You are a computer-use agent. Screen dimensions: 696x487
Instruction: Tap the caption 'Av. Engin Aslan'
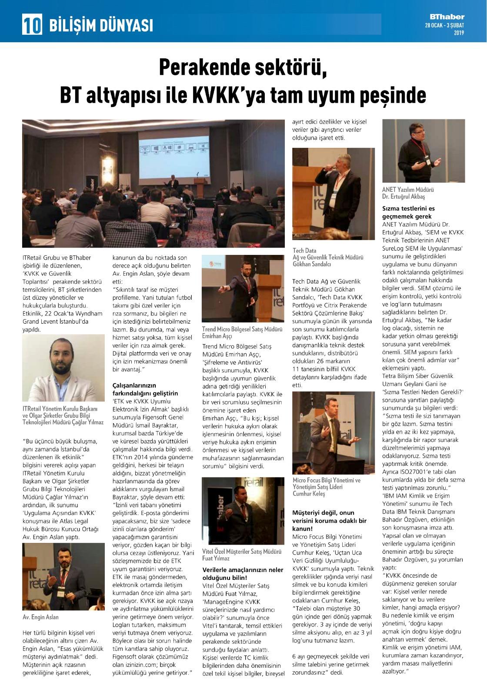(40, 617)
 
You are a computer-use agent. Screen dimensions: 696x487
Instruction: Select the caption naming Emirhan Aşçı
(242, 333)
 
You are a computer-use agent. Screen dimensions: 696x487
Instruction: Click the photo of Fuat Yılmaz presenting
(243, 511)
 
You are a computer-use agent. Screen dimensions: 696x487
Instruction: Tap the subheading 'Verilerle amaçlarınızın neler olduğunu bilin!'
(243, 573)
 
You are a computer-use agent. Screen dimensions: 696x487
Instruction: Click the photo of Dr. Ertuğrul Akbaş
(423, 151)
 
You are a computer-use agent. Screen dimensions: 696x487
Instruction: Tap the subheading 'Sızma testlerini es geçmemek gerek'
(408, 212)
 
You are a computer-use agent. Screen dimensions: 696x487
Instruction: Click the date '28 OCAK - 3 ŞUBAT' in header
(444, 25)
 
